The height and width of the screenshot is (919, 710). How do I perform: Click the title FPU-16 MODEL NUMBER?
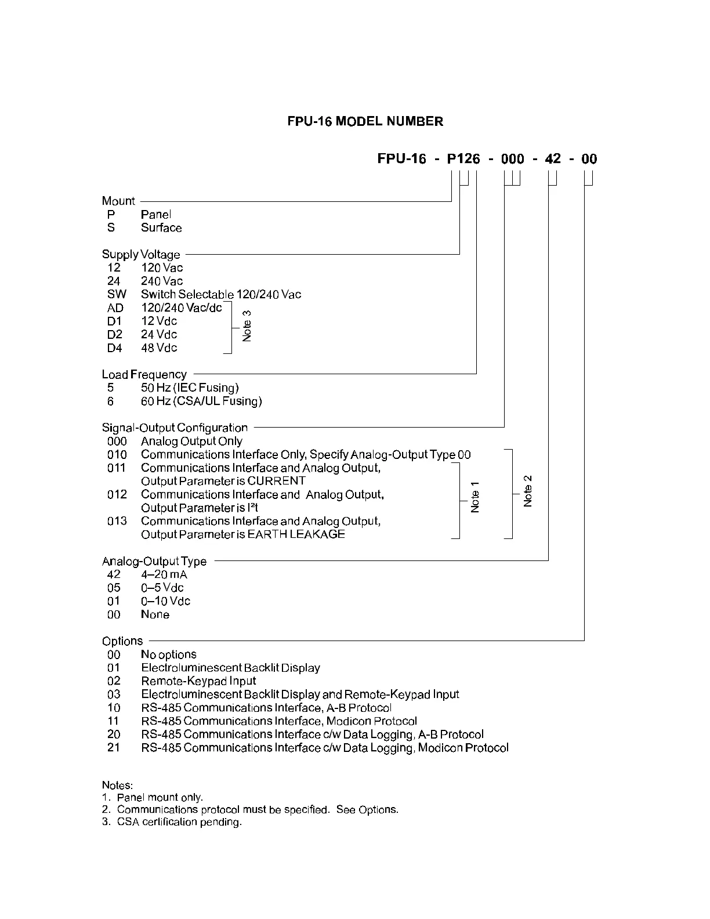point(365,121)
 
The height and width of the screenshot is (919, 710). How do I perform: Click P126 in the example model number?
point(463,159)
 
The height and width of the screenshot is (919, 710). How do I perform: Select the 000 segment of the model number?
point(512,159)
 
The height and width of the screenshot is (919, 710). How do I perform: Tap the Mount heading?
point(118,201)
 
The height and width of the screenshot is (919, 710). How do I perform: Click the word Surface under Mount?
point(161,227)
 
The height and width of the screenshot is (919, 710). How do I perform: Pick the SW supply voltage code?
point(117,294)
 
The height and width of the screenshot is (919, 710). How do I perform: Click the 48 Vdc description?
point(159,348)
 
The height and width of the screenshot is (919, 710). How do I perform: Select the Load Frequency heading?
point(144,374)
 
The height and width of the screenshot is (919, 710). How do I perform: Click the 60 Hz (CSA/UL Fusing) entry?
point(201,401)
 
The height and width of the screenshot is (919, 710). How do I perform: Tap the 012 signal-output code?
point(117,494)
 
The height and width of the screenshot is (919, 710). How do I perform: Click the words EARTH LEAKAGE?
point(296,534)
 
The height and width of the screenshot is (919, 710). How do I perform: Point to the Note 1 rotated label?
point(475,497)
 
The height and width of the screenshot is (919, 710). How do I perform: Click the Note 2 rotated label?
point(527,491)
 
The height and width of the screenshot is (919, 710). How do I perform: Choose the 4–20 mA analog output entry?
point(164,574)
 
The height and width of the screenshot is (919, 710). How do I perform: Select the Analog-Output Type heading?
point(154,561)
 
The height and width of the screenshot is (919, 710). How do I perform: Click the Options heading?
point(122,641)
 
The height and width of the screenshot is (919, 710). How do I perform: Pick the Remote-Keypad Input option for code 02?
point(198,681)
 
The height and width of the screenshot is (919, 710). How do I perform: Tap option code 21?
point(114,747)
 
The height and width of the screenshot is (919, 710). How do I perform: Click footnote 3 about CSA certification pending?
point(172,822)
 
